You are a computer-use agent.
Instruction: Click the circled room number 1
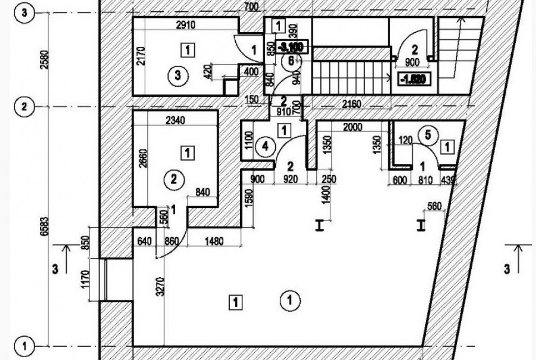289,299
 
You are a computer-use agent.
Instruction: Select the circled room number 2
173,179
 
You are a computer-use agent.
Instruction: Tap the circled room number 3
177,75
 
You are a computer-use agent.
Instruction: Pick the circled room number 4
264,145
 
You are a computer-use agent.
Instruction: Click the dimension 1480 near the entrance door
214,241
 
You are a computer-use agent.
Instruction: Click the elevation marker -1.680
412,80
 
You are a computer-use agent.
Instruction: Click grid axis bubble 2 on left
24,107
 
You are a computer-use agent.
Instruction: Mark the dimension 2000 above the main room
352,127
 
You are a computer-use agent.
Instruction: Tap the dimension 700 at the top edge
250,7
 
